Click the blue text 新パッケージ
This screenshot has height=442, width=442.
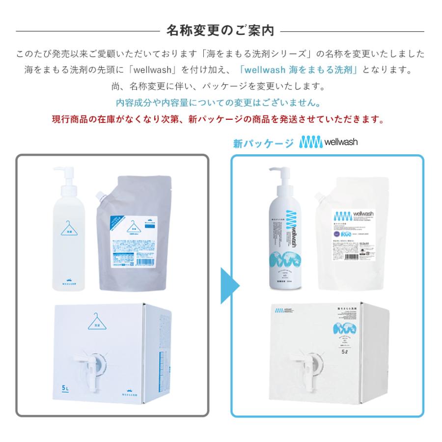(263, 143)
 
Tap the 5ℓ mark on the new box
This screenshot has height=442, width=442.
(361, 350)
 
